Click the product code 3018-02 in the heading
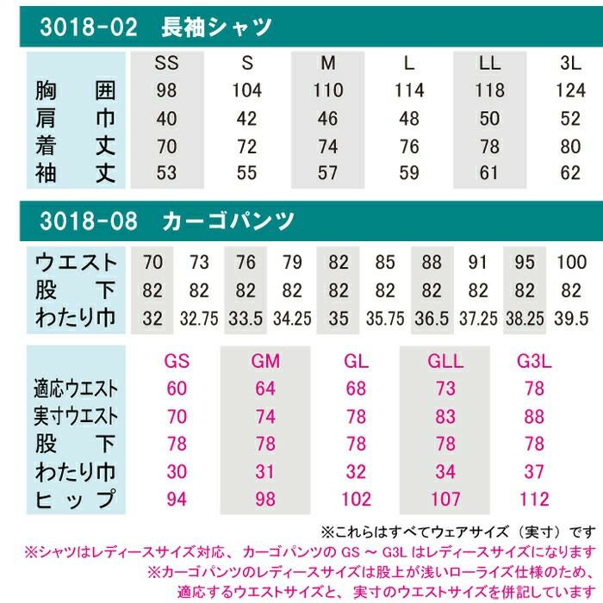(89, 28)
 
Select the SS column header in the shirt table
(167, 64)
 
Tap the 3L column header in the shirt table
(571, 64)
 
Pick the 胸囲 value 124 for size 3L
(571, 90)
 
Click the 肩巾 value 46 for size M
(328, 118)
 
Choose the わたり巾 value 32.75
(199, 318)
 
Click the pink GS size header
(177, 361)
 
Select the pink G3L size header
(534, 361)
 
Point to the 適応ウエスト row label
(76, 389)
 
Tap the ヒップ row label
(76, 500)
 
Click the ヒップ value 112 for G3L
(534, 500)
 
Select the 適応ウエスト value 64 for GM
(265, 389)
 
